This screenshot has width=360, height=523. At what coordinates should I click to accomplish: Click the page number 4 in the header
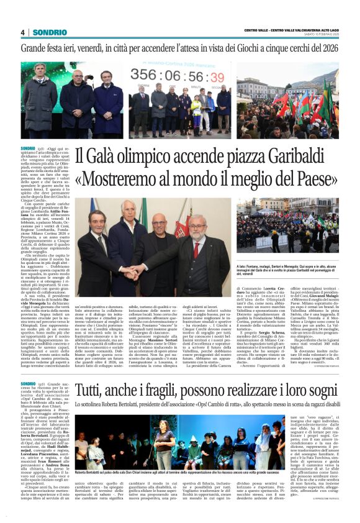22,32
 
